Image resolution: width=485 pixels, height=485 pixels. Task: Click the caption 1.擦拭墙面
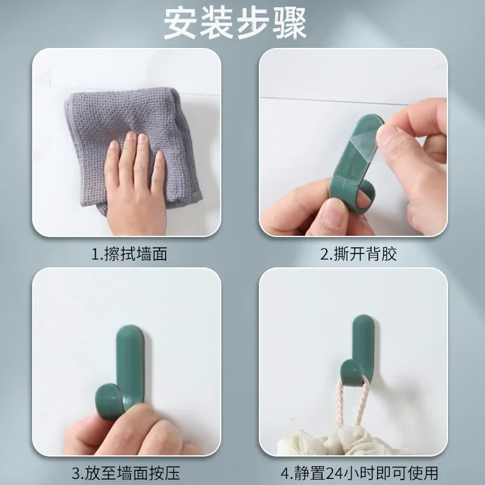pos(129,254)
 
